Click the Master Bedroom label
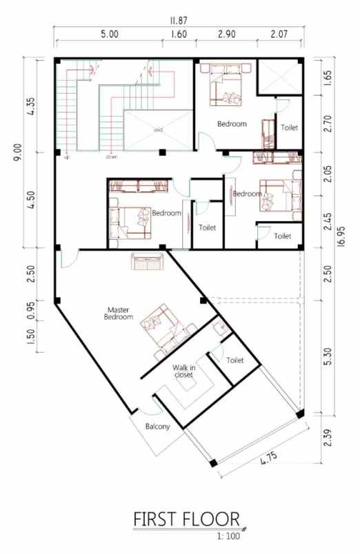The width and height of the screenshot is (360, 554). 118,314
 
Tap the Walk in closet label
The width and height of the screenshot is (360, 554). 183,372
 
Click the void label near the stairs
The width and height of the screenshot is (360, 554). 158,129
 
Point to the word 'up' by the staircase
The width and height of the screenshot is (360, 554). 67,157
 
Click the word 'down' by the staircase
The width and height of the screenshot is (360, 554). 111,157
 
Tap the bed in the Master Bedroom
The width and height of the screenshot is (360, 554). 164,325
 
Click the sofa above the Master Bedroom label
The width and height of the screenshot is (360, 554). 146,262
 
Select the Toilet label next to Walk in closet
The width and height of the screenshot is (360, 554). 236,360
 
